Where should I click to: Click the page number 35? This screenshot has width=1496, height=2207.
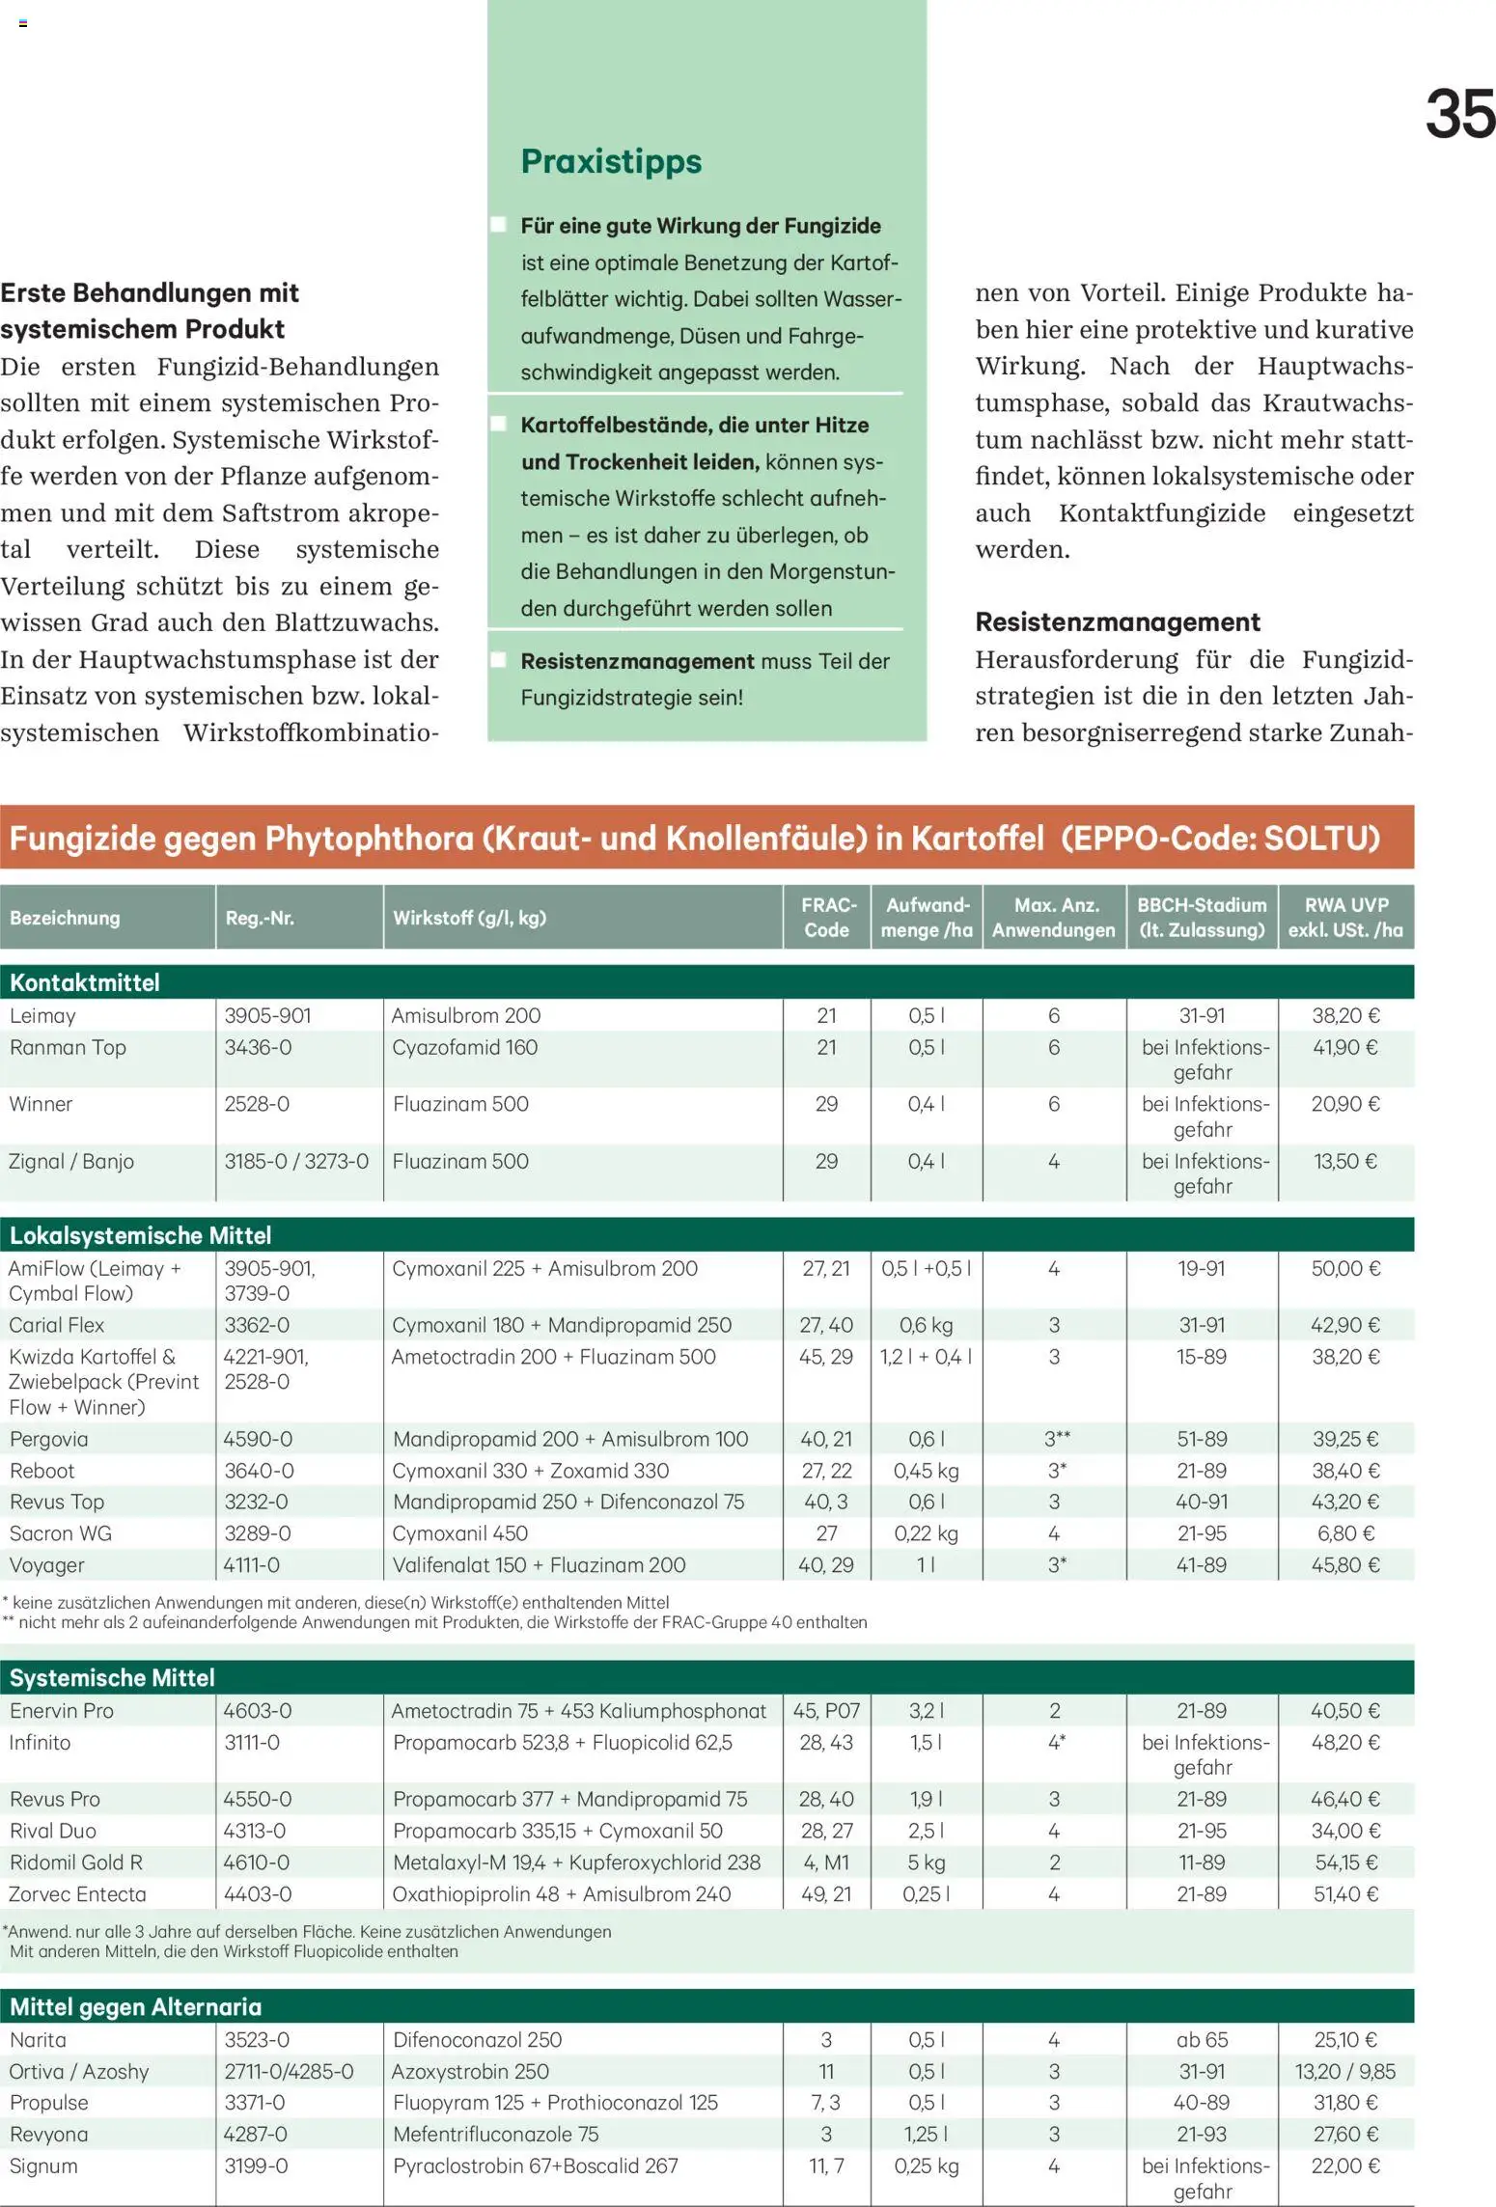1459,115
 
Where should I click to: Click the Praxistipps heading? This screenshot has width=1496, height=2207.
611,161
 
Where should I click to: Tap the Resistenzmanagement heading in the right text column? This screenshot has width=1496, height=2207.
1117,622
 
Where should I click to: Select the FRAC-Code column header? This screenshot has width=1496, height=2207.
827,917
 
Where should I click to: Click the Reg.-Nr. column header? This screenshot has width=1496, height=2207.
260,918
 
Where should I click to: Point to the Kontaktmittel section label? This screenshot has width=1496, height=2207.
85,982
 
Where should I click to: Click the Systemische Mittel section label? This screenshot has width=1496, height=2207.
112,1677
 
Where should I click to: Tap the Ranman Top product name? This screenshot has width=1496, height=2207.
68,1047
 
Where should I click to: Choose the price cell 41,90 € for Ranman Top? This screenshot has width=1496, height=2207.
1345,1047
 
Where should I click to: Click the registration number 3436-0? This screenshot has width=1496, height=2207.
258,1047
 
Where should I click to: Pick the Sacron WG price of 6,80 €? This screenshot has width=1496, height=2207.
1345,1532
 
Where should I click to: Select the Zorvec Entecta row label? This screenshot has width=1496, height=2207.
77,1893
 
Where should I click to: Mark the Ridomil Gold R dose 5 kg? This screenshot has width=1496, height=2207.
926,1862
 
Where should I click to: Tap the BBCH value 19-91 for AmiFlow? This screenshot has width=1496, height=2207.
1201,1268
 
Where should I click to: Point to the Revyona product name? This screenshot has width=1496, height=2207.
48,2134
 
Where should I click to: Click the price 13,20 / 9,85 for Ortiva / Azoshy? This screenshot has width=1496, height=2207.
1344,2071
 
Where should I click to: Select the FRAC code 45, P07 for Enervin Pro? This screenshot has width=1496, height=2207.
826,1710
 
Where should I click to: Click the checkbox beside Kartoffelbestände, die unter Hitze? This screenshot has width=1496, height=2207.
499,424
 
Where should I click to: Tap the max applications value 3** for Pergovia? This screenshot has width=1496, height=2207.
1057,1439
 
